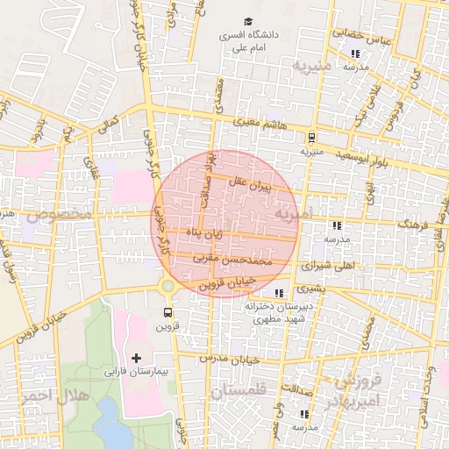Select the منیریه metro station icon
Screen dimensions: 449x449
coord(311,137)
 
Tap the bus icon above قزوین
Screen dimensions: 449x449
coord(167,312)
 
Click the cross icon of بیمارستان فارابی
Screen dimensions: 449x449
coord(135,358)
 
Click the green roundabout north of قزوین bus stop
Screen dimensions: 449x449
coord(167,286)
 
